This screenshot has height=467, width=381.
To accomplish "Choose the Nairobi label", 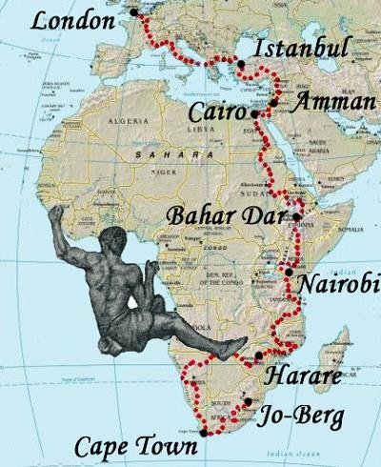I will pos(338,284).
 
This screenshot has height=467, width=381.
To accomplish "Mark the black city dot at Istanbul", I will pos(242,64).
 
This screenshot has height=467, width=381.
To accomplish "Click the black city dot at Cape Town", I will pos(203,433).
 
